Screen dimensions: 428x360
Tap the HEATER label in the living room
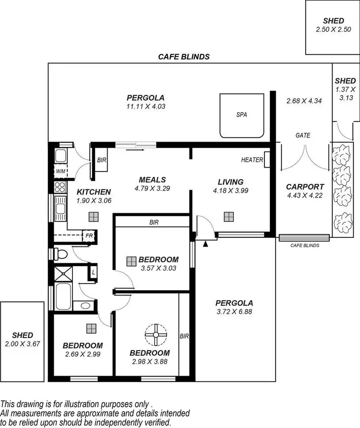[x=252, y=159]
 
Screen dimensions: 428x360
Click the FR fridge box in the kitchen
[x=89, y=235]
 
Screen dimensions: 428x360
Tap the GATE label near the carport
[x=302, y=135]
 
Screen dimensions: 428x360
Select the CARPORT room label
[x=305, y=187]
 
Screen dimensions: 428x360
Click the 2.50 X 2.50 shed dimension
[x=333, y=29]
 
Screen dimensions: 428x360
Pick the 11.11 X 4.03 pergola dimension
[x=143, y=107]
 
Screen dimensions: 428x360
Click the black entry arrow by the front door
[x=206, y=244]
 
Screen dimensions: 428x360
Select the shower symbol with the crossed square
[x=62, y=274]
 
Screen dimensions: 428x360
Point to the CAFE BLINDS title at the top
[x=184, y=56]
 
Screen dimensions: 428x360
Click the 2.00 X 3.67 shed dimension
[x=23, y=344]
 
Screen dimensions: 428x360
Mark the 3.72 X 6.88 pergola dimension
[x=234, y=311]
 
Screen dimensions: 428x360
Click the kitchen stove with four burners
[x=60, y=187]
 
